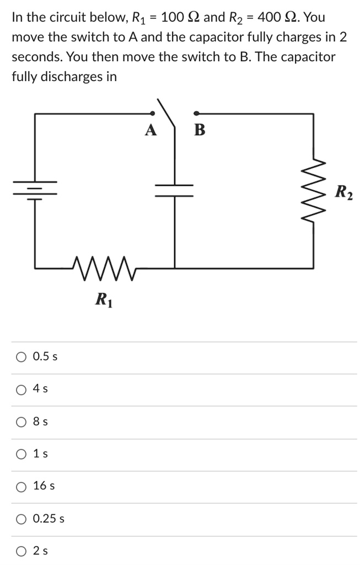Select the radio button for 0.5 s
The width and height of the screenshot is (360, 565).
tap(21, 357)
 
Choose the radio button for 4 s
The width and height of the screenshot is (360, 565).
tap(21, 390)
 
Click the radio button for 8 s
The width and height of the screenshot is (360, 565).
tap(21, 422)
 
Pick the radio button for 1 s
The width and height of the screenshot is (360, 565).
tap(21, 455)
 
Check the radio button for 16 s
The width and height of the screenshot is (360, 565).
tap(21, 487)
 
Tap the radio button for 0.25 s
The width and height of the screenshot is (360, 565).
tap(21, 519)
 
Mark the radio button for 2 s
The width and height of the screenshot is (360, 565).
tap(21, 551)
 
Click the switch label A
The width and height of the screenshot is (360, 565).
tap(151, 130)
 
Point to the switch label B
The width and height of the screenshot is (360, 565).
tap(200, 130)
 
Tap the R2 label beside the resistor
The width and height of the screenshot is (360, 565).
tap(344, 193)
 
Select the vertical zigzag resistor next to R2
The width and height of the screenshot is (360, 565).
tap(314, 190)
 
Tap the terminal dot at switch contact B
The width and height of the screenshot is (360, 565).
tap(197, 113)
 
